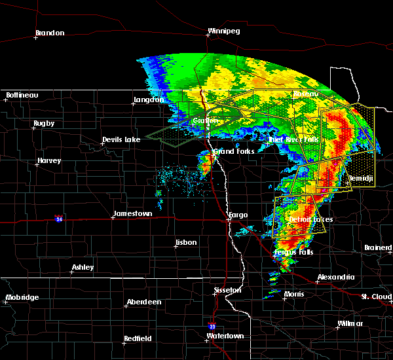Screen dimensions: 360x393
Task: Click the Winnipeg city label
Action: click(x=224, y=31)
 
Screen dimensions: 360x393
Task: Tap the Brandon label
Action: click(x=50, y=33)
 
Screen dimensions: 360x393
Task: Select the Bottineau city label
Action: click(x=22, y=96)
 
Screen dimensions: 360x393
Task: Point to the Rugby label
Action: click(x=44, y=124)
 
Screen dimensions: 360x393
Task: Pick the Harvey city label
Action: click(x=49, y=161)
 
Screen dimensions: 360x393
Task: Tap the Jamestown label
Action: click(x=132, y=214)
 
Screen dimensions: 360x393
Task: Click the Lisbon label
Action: click(x=185, y=243)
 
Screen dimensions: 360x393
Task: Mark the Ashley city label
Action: click(x=83, y=267)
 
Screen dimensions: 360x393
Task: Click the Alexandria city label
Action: click(x=335, y=278)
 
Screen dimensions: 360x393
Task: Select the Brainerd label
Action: click(x=378, y=247)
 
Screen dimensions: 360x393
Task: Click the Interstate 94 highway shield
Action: click(x=59, y=218)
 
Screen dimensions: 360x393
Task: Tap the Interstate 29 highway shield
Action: click(x=212, y=325)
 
